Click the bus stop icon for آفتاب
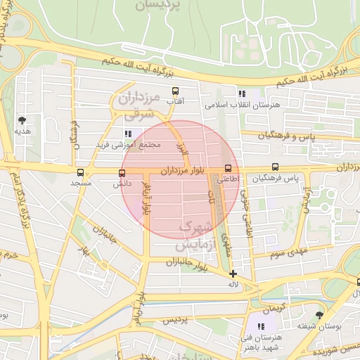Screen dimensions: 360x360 tap(175, 91)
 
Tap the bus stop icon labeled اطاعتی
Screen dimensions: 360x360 tap(228, 168)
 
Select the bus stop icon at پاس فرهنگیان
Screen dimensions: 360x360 tap(275, 167)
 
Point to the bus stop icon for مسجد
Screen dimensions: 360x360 tap(80, 172)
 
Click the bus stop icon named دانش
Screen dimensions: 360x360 tap(119, 172)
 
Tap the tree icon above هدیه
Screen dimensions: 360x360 tap(22, 120)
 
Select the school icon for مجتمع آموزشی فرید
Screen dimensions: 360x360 tap(127, 134)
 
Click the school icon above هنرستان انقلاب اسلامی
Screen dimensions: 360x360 tap(242, 94)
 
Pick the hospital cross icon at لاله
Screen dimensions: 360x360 tap(233, 274)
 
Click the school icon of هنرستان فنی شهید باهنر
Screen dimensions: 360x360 tap(261, 326)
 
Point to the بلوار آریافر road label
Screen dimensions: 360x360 tap(146, 201)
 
